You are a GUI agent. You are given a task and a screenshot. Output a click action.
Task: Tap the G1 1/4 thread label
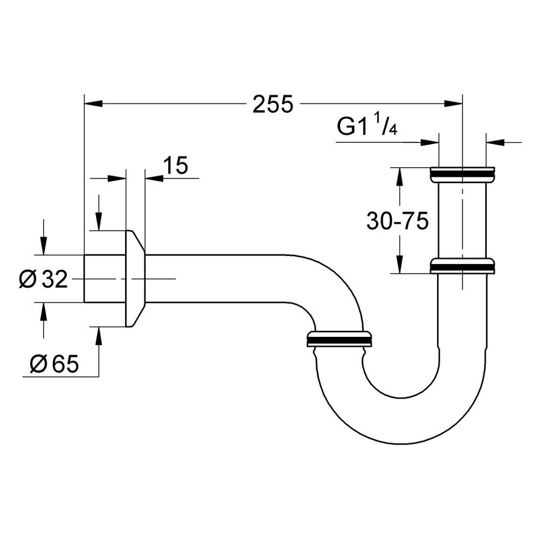coord(367,127)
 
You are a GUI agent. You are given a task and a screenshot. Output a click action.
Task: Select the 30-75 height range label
coord(397,220)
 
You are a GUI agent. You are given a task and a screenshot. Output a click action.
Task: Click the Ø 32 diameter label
coord(43,279)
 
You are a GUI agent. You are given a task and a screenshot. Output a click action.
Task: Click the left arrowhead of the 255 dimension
coord(93,103)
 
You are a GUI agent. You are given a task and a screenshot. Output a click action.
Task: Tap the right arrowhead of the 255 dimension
coord(453,103)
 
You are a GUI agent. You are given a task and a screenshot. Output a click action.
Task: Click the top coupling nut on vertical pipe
coord(462,175)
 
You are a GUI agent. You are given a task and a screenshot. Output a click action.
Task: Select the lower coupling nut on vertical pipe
coord(462,266)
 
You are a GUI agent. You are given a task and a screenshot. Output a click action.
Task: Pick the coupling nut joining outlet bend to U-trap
coord(339,338)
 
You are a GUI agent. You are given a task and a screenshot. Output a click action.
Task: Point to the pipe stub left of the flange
coord(105,279)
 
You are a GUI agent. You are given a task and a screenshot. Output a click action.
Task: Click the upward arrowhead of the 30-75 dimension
coord(400,176)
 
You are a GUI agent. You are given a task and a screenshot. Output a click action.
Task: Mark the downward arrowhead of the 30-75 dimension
coord(400,264)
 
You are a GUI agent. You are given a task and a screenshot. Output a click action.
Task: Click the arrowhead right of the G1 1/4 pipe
coord(495,141)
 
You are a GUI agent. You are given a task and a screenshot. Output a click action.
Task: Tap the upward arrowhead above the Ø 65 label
coord(99,336)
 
